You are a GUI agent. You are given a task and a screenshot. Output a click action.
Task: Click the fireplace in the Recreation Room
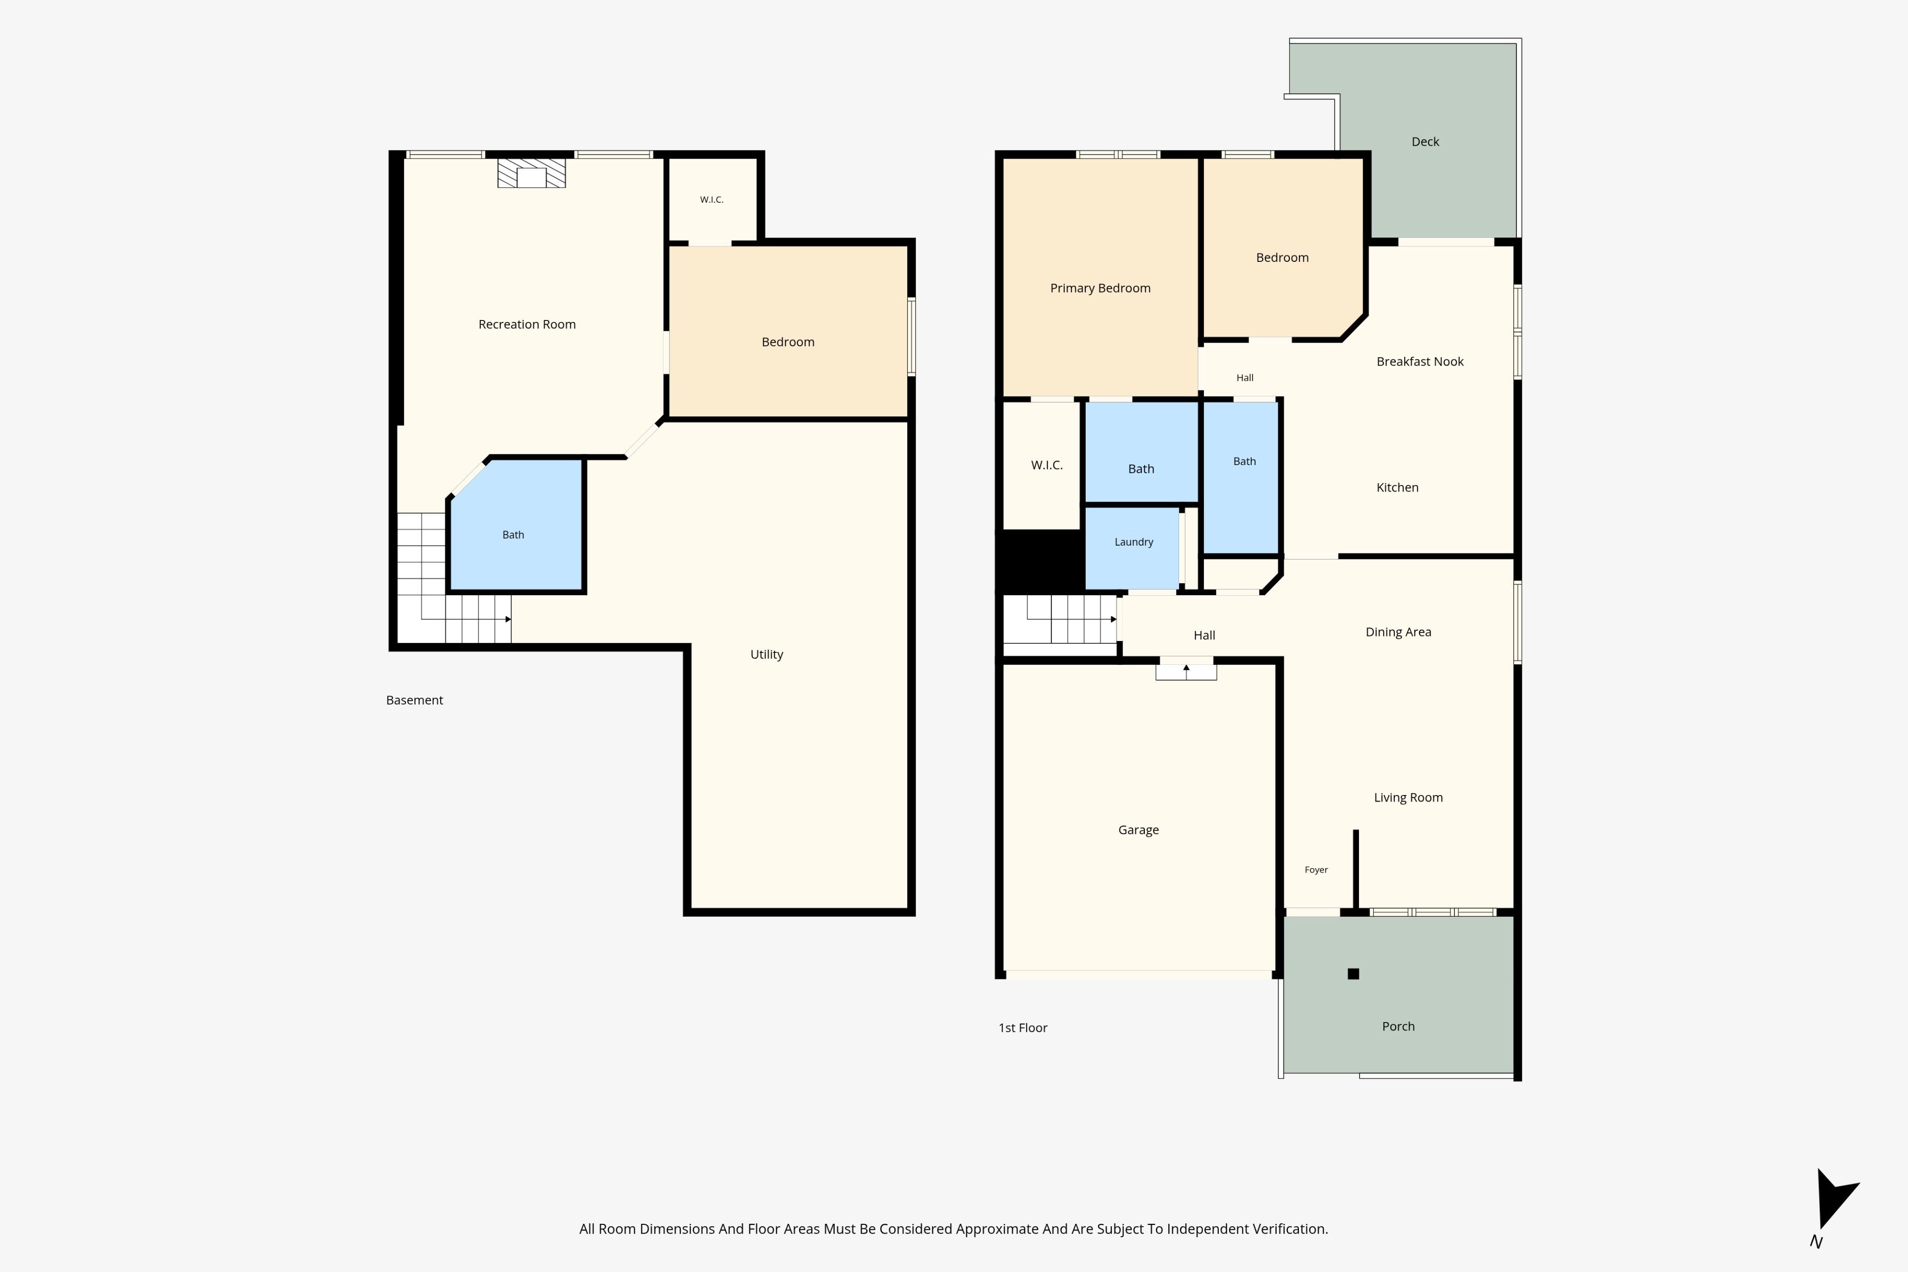(x=531, y=173)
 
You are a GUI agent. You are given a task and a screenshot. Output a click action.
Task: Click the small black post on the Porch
(x=1353, y=973)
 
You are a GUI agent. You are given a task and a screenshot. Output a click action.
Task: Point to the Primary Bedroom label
(x=1100, y=289)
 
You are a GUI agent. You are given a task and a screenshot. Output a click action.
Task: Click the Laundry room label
(x=1133, y=543)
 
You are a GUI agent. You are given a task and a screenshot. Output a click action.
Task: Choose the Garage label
(x=1138, y=830)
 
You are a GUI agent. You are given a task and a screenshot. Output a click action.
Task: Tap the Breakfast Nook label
(x=1420, y=362)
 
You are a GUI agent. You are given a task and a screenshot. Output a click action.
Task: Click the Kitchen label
(x=1397, y=487)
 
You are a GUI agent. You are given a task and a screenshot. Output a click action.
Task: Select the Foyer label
(x=1316, y=870)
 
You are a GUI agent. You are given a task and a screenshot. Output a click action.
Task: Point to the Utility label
(x=767, y=655)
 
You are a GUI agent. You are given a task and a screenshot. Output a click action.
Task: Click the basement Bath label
(x=513, y=535)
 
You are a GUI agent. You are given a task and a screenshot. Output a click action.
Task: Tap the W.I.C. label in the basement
(x=712, y=200)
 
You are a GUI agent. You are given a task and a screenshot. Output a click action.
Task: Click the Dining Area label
(x=1398, y=632)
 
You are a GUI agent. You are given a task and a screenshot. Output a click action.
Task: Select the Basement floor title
(x=414, y=700)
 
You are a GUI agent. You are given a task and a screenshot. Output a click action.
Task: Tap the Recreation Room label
(x=527, y=324)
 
